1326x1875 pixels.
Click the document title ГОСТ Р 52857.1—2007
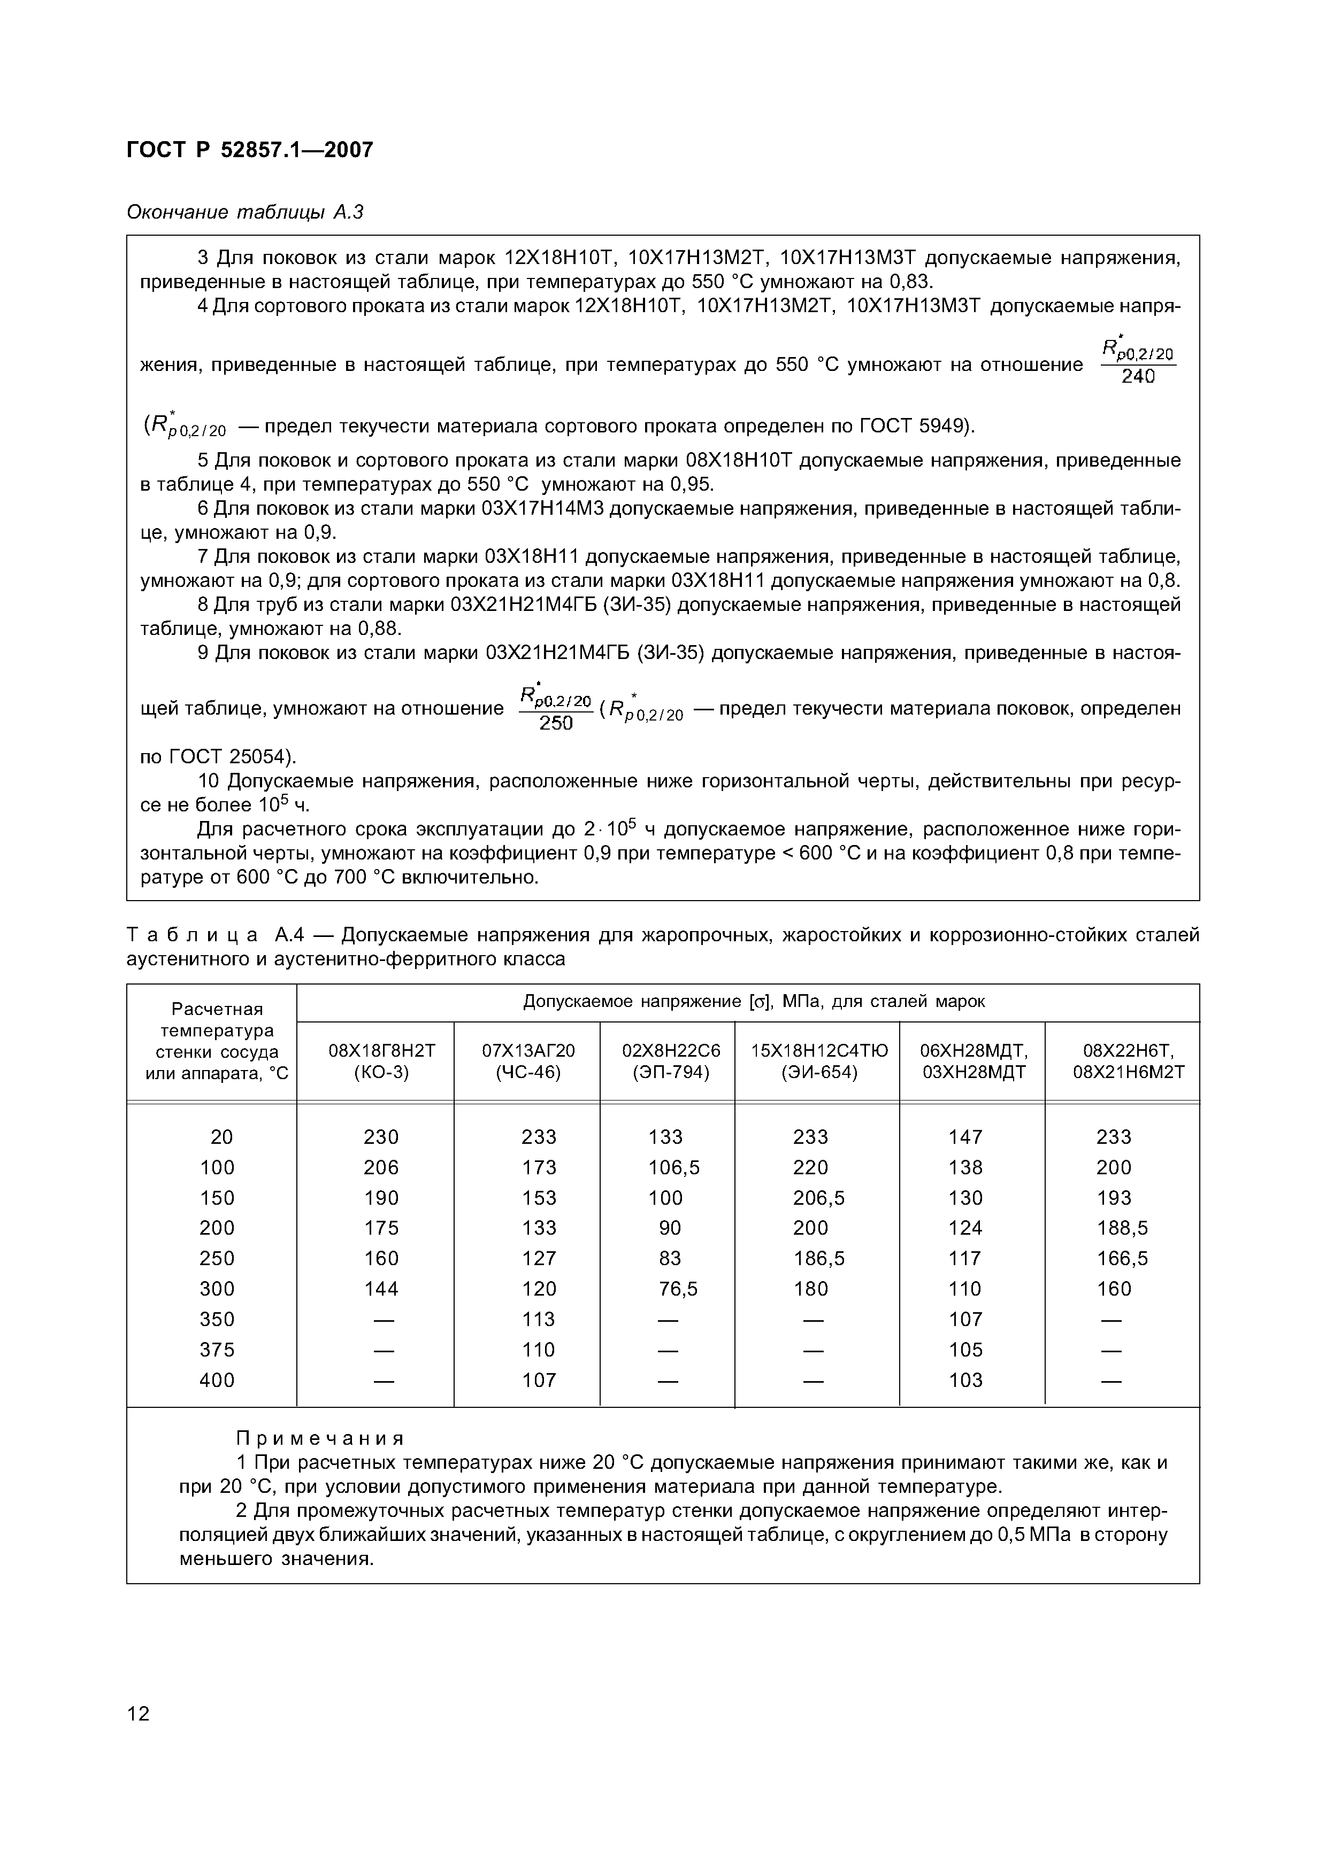[249, 150]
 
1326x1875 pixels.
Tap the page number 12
[139, 1713]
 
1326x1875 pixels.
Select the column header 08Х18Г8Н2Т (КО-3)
[381, 1061]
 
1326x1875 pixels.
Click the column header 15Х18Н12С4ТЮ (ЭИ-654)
[818, 1061]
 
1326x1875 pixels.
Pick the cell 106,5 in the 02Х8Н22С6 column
[674, 1167]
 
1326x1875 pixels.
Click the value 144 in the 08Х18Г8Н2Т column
[381, 1289]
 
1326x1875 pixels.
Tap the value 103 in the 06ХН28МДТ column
[965, 1380]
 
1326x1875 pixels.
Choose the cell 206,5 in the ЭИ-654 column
[818, 1197]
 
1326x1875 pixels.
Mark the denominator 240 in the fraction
[1138, 377]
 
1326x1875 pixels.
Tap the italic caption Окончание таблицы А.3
[244, 212]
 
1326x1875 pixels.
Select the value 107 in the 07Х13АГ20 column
[539, 1380]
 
